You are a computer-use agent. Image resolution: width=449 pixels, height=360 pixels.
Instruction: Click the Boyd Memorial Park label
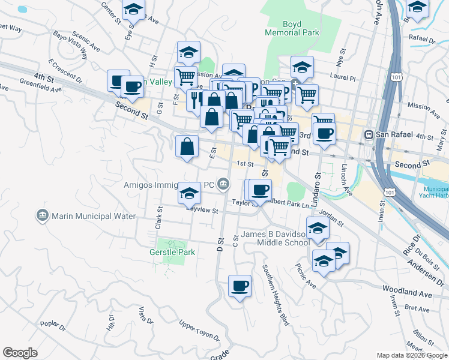coord(292,29)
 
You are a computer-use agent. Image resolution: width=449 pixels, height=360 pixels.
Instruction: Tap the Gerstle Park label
coord(172,253)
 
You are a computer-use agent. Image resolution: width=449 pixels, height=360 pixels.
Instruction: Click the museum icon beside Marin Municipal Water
coord(42,215)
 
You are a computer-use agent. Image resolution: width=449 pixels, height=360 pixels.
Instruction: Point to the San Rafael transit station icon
coord(369,135)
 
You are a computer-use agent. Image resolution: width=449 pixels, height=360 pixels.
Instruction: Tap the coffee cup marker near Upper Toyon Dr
coord(240,286)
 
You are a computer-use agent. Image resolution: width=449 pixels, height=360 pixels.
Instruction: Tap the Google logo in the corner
coord(20,353)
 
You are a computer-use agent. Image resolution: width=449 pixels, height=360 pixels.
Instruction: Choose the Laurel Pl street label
coord(343,76)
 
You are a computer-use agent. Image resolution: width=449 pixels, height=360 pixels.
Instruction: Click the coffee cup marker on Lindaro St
coord(324,133)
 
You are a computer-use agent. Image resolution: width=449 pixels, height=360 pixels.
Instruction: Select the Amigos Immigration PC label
coord(170,184)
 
